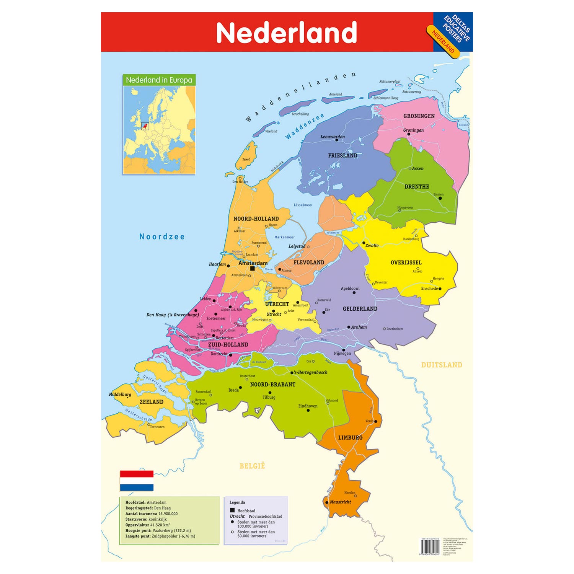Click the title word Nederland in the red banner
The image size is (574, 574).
(x=286, y=33)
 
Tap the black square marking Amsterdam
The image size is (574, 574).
(x=253, y=269)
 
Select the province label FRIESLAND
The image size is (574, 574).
(x=342, y=155)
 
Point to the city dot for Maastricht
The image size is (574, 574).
(x=327, y=502)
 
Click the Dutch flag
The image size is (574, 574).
(x=137, y=481)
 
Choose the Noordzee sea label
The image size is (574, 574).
(x=162, y=237)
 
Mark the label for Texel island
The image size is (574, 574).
(x=246, y=160)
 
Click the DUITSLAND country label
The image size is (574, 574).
(x=442, y=365)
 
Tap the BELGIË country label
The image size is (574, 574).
(x=252, y=466)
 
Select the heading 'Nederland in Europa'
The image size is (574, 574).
(x=159, y=80)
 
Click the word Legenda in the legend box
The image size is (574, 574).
(x=237, y=502)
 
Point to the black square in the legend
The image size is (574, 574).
(x=232, y=510)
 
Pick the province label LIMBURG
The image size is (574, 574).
(x=350, y=437)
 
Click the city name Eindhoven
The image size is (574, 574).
(x=308, y=406)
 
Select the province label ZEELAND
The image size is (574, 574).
(x=152, y=402)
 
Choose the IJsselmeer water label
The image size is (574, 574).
(x=303, y=205)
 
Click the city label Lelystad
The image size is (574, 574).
(x=297, y=246)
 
